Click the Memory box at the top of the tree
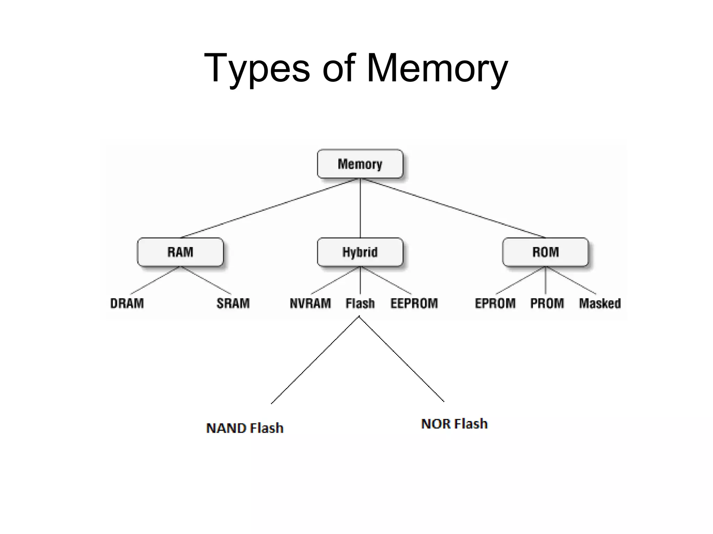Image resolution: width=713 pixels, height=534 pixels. [x=360, y=164]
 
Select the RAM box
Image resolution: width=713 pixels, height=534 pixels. [x=180, y=252]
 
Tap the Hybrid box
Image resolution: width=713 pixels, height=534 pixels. [x=360, y=252]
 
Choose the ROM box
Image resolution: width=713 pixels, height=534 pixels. [x=545, y=252]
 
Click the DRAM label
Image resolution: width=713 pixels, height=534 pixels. [x=127, y=303]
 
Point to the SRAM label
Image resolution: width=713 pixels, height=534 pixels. [x=233, y=303]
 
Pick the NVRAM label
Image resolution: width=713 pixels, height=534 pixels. [x=310, y=303]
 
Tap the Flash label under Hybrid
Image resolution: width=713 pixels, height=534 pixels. [x=360, y=303]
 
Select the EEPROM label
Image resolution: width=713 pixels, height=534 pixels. [x=414, y=303]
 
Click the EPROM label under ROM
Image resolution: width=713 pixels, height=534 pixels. [x=495, y=303]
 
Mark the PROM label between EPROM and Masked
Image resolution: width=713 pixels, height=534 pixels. [x=547, y=303]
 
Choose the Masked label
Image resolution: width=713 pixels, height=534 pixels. [x=600, y=303]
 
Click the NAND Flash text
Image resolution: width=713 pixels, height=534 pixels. [x=245, y=428]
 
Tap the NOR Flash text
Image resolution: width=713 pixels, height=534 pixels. [x=454, y=424]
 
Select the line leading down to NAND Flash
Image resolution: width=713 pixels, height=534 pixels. [x=315, y=360]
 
